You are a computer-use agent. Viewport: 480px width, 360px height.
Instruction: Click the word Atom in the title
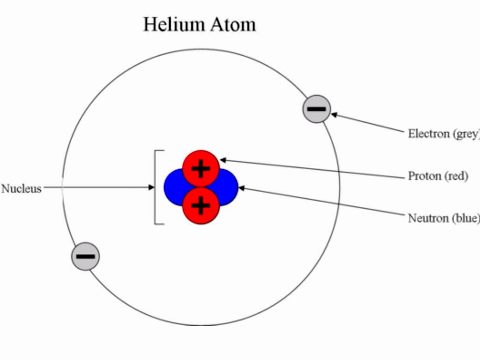coord(233,24)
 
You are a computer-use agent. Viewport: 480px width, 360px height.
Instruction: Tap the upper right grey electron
coord(317,109)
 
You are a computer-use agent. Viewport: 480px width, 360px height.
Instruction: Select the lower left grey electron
coord(85,256)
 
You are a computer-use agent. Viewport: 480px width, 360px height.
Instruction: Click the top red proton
coord(201,168)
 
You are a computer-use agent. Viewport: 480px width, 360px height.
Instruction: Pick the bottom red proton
coord(201,205)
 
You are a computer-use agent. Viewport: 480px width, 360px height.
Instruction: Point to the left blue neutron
coord(172,187)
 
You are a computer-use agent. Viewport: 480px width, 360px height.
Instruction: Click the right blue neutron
coord(230,187)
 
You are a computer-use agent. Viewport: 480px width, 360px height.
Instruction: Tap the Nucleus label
coord(22,189)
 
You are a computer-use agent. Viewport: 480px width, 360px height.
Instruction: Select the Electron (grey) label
coord(443,134)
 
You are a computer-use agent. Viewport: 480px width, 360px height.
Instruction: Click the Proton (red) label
coord(438,176)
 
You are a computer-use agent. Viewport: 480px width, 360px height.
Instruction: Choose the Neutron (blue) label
coord(443,218)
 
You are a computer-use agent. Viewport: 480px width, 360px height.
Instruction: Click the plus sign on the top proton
coord(201,168)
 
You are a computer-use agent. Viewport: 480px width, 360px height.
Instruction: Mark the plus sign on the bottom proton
coord(201,205)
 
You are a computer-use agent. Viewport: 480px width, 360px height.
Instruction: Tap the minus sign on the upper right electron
coord(317,109)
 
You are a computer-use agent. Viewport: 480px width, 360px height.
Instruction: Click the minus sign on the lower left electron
coord(85,256)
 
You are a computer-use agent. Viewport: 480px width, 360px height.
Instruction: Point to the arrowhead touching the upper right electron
coord(334,114)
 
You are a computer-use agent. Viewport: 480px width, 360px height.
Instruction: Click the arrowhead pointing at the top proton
coord(223,160)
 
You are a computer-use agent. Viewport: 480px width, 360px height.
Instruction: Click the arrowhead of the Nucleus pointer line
coord(151,187)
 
